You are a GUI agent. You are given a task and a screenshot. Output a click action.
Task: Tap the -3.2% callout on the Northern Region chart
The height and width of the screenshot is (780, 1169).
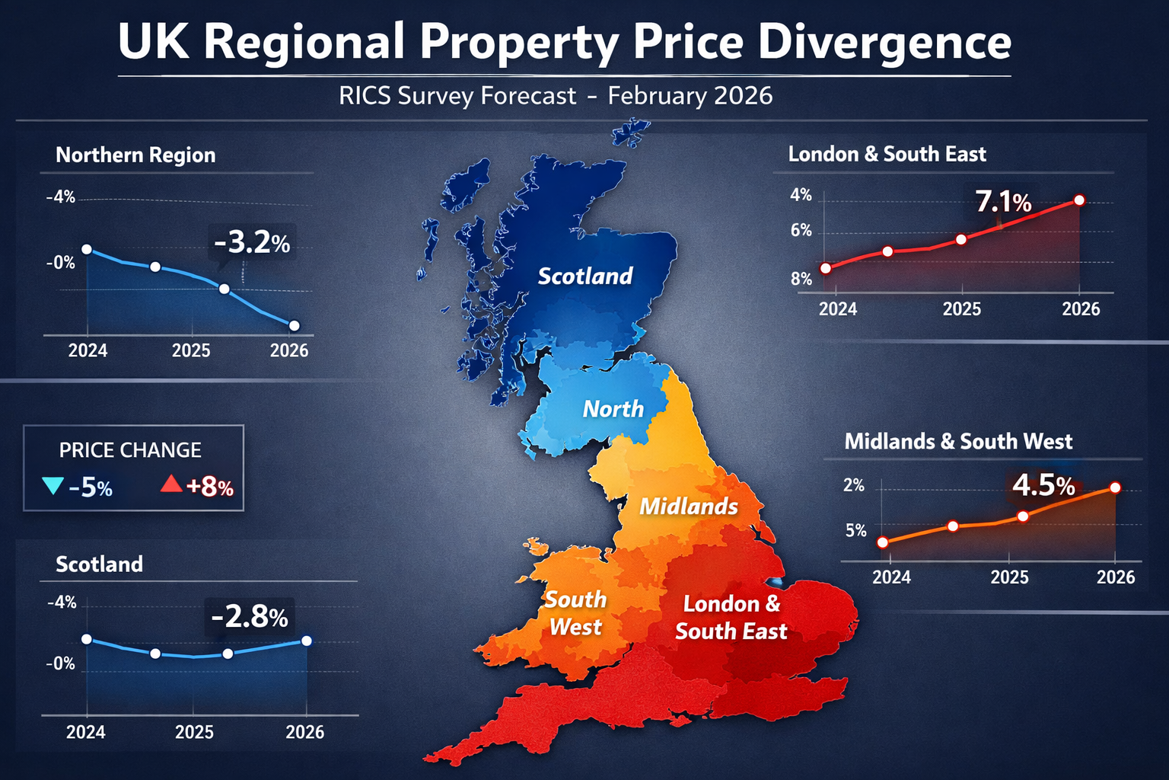[252, 243]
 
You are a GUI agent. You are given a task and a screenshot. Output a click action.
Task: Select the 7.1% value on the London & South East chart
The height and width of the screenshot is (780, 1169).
[1003, 202]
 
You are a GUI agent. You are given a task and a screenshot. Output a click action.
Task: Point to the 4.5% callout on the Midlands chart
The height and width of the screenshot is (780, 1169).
[1043, 485]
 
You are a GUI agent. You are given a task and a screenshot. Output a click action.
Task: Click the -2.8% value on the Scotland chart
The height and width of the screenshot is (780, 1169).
[250, 616]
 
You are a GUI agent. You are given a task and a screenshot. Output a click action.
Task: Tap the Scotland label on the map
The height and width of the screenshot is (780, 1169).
[584, 276]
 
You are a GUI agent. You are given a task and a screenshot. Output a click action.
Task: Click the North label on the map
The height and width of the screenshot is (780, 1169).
[613, 409]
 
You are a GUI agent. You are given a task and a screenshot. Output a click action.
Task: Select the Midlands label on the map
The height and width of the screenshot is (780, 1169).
[688, 507]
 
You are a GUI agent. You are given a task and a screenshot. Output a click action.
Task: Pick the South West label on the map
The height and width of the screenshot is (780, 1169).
[575, 613]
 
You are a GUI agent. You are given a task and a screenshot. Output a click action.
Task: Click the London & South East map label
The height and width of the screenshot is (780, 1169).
[731, 618]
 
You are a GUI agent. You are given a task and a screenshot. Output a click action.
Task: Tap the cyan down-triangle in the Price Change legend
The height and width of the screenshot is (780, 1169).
[53, 485]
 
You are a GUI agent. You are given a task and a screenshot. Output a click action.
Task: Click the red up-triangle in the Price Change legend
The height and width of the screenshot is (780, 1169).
[171, 483]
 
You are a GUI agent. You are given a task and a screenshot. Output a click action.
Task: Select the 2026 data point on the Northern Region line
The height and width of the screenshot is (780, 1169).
[295, 326]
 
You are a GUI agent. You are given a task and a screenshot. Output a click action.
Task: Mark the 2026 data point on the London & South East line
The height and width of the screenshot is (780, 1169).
[1079, 200]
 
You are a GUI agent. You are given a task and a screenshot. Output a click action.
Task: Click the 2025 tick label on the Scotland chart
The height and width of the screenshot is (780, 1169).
[194, 732]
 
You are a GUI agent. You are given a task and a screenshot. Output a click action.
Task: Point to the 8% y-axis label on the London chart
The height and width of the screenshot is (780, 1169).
[801, 279]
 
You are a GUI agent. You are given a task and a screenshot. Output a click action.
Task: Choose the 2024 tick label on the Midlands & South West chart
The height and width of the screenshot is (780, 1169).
[891, 577]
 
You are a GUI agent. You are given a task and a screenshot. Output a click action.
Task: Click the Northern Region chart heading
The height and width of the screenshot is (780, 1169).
[135, 155]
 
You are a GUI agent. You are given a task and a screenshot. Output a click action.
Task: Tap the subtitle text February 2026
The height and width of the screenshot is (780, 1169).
[690, 96]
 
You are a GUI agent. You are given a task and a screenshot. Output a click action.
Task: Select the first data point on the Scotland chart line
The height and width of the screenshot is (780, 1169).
[87, 639]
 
